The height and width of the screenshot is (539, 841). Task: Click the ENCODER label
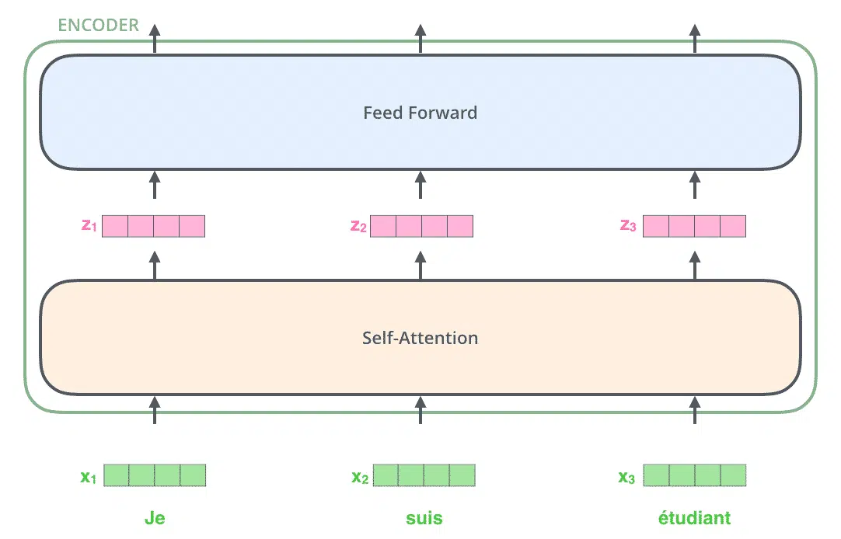98,25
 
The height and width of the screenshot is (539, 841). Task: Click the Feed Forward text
420,113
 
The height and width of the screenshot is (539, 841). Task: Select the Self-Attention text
420,338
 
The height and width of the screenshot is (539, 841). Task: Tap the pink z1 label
89,225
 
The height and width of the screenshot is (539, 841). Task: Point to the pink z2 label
358,226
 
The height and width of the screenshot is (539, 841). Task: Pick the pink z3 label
628,225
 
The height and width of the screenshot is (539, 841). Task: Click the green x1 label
89,476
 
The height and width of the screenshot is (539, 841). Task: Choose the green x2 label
360,477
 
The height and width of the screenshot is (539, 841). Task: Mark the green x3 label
626,477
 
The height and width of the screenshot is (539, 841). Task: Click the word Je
155,518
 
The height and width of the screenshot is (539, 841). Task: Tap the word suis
424,518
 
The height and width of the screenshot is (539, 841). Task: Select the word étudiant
695,517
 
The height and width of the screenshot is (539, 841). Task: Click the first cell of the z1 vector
115,226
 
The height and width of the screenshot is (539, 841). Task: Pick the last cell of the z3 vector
733,226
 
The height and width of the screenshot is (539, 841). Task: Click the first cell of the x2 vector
386,475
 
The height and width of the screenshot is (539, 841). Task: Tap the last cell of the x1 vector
193,475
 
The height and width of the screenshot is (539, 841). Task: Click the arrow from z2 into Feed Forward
420,185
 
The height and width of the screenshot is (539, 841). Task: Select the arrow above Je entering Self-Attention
155,410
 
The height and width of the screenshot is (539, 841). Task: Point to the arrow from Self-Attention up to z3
695,265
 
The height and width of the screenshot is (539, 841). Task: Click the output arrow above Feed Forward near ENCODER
155,39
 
